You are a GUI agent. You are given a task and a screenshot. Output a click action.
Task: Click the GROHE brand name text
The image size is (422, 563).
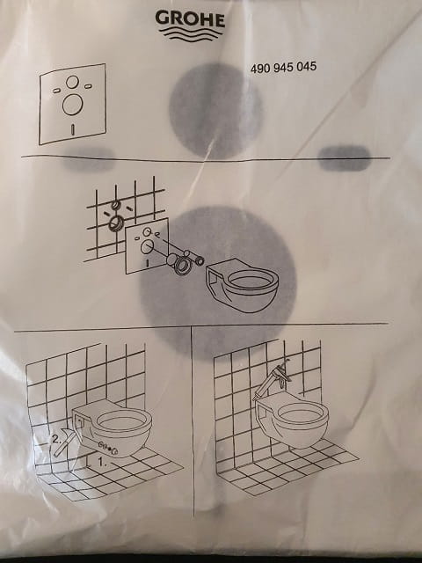coord(190,18)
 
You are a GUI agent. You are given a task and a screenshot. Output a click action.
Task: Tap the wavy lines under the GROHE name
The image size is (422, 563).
coord(192,34)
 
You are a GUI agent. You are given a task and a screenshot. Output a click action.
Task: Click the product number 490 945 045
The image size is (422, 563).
coord(283,67)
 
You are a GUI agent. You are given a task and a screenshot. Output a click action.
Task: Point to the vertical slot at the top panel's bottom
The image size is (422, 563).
coord(73,129)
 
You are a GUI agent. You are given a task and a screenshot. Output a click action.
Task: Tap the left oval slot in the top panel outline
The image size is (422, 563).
coord(56,91)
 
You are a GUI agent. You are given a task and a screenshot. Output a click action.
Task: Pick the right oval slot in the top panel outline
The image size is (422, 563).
coord(88,86)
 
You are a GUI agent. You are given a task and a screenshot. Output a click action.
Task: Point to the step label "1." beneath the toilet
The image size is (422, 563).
coord(102,462)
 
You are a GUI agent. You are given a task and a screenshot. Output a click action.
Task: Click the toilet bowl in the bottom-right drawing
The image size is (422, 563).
coord(292,420)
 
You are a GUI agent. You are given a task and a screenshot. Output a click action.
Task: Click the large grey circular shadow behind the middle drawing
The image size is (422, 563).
coord(217,282)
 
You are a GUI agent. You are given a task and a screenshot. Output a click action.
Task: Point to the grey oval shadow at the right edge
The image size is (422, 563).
coord(345,158)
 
